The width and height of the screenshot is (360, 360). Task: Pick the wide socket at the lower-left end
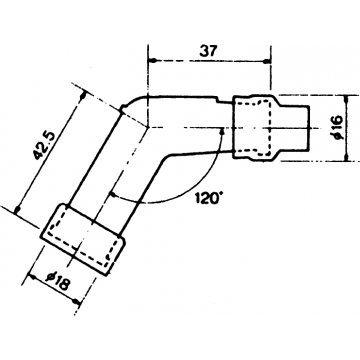tap(83, 233)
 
